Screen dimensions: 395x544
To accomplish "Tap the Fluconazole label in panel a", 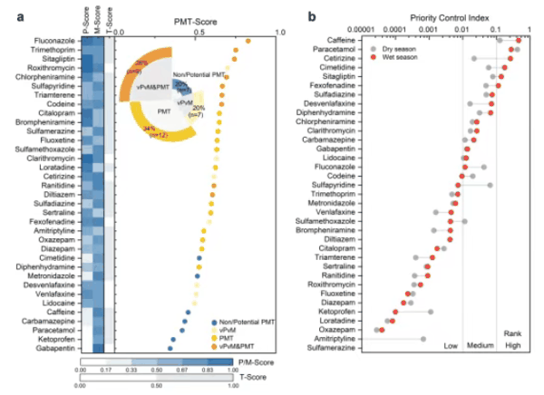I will (56, 41).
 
